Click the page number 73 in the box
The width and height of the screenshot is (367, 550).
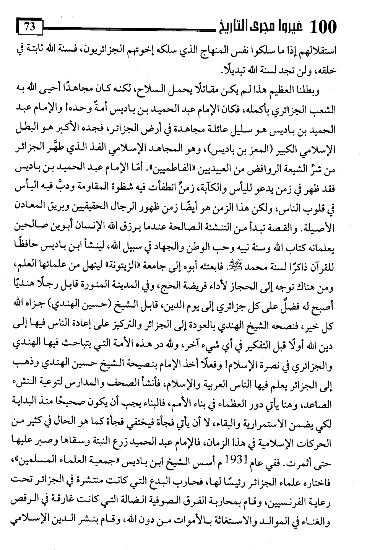[x=29, y=28]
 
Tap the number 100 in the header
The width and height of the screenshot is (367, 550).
[x=322, y=28]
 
